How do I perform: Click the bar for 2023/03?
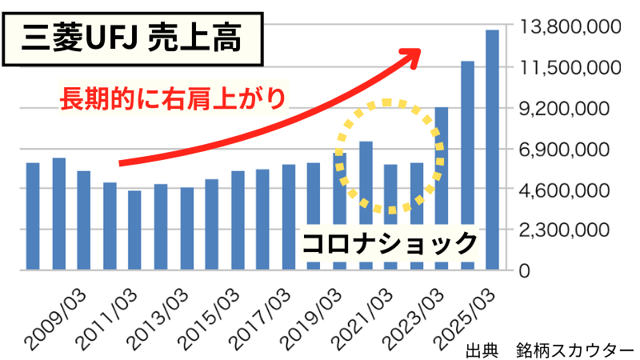(x=416, y=216)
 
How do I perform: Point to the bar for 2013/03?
(x=161, y=227)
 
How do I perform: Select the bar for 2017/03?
(x=263, y=219)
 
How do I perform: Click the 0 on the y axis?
(x=524, y=271)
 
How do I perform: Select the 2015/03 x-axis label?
(x=205, y=318)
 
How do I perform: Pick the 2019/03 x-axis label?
(x=307, y=318)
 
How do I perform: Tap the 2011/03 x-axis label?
(x=102, y=318)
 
